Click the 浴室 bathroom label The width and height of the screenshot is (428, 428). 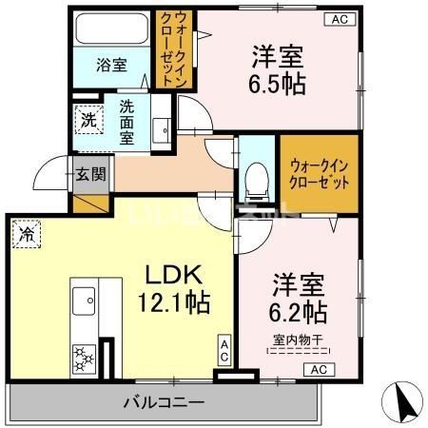111,65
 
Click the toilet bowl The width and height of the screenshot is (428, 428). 254,177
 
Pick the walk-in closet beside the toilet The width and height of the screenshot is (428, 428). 318,172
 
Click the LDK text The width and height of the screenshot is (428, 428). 174,275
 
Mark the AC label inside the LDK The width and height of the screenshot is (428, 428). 224,349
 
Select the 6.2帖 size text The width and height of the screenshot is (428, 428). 301,312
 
